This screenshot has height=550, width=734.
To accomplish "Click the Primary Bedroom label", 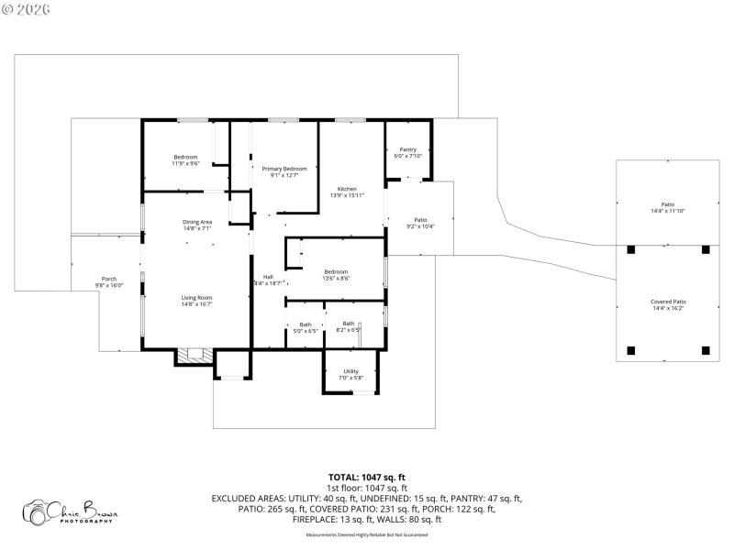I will coord(284,169).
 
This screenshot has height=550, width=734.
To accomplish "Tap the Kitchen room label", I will coord(347,189).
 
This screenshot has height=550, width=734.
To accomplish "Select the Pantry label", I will coord(407,149).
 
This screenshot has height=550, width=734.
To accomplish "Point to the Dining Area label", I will coord(197,222).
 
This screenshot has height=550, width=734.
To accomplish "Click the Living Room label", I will coord(196,298).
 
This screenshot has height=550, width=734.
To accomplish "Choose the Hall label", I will coord(268,277).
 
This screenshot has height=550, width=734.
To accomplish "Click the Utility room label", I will coord(351,371).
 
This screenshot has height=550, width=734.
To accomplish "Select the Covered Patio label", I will coord(668,302).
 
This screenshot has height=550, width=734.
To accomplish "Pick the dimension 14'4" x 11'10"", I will coord(668,211).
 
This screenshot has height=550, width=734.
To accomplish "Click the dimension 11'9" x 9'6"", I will coord(186,163).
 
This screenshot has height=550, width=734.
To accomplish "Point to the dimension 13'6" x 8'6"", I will coord(336,278).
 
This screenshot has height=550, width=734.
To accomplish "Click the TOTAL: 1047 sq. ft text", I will coord(367,478).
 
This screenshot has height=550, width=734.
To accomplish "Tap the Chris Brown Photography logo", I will coord(71,511).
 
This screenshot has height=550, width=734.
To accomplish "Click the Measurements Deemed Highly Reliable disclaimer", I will coord(367,534).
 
